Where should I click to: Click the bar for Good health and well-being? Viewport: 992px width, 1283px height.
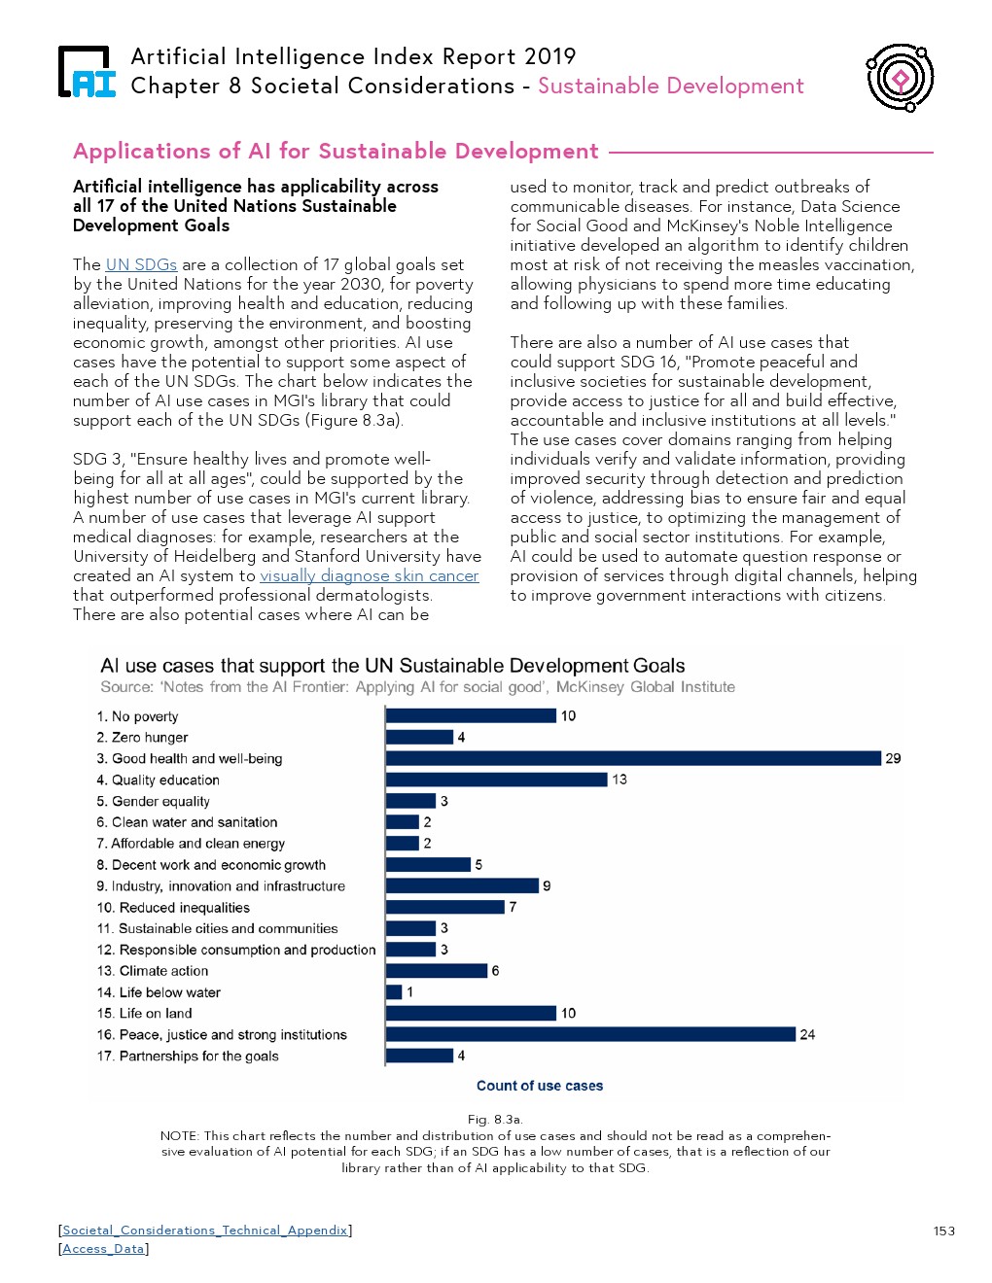click(x=633, y=758)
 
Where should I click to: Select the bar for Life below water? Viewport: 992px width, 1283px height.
click(x=394, y=991)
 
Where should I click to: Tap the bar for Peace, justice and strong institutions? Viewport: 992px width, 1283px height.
click(x=590, y=1034)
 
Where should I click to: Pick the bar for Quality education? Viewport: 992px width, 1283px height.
click(x=497, y=780)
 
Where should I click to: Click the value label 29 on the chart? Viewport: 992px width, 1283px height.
click(x=893, y=758)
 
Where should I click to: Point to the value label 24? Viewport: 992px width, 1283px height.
click(x=807, y=1034)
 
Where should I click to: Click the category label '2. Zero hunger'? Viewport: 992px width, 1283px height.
click(x=143, y=737)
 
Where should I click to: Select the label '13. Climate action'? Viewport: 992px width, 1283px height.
click(x=153, y=970)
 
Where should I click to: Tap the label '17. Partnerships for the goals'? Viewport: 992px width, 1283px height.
click(x=188, y=1056)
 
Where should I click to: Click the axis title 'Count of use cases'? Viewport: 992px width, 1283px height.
click(x=540, y=1086)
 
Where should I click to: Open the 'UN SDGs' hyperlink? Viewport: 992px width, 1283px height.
click(x=141, y=264)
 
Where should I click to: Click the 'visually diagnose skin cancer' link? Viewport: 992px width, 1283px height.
click(x=370, y=575)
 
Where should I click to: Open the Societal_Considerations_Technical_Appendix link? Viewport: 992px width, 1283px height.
click(x=205, y=1230)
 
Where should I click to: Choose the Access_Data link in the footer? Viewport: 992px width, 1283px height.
click(x=103, y=1249)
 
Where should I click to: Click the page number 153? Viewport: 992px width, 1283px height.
click(x=943, y=1231)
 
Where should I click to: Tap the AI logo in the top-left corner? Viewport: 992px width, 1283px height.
click(x=87, y=73)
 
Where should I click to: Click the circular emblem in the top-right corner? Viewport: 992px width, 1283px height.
click(x=900, y=77)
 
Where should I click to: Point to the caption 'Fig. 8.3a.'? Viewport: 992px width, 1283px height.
click(x=495, y=1119)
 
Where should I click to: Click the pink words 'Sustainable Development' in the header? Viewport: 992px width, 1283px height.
click(x=670, y=86)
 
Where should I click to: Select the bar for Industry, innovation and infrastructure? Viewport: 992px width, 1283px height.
click(x=462, y=885)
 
